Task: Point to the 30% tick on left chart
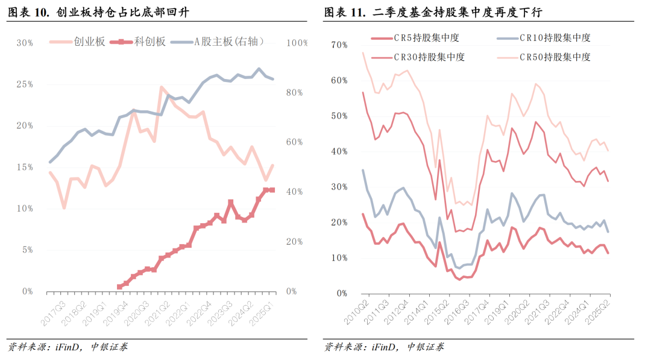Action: pos(24,43)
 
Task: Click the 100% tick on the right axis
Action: pos(297,43)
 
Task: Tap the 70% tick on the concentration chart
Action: pos(339,45)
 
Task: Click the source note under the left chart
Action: pos(67,347)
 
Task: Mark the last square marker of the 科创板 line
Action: pos(272,190)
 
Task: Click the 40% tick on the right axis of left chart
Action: pos(295,192)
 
